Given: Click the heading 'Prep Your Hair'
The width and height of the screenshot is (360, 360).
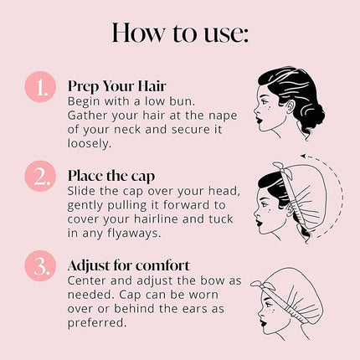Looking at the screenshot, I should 117,87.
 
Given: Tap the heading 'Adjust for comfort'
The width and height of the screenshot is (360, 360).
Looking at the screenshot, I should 130,265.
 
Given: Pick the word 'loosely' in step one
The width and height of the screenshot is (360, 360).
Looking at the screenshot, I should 90,144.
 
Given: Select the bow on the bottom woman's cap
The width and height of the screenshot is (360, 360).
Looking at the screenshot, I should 265,280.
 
